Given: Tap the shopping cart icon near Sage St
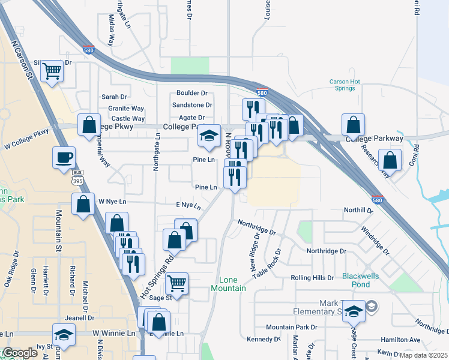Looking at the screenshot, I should [176, 283].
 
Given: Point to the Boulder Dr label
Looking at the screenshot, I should [191, 93].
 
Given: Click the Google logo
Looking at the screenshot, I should [19, 353].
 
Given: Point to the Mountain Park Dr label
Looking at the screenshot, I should [291, 327].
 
